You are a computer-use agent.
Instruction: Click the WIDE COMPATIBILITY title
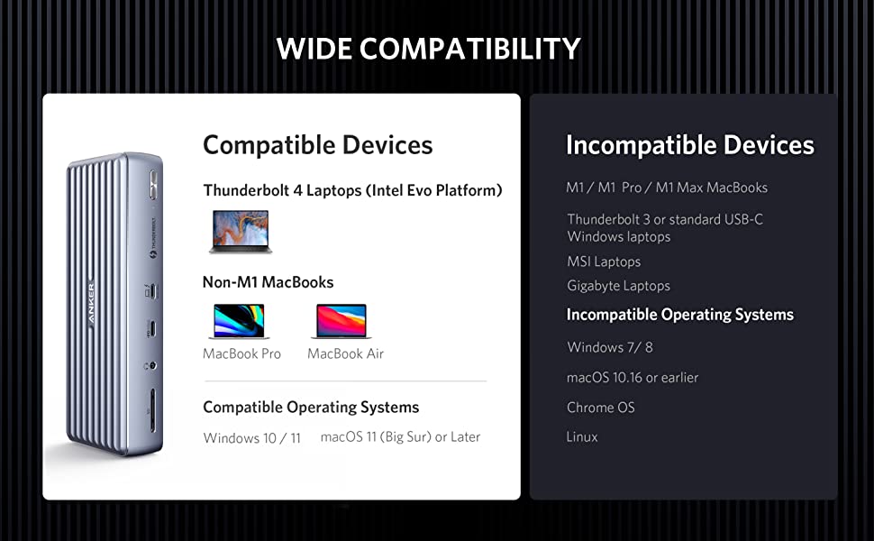tap(428, 49)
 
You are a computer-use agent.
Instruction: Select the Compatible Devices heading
tap(318, 145)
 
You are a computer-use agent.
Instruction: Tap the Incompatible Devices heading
tap(690, 145)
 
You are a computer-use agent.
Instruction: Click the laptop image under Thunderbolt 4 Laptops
tap(241, 232)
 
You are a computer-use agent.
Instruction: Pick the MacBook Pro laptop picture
tap(239, 321)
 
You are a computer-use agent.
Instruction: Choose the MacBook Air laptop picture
tap(341, 321)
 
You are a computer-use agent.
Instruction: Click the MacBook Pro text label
tap(241, 353)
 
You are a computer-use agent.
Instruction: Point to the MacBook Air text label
tap(346, 353)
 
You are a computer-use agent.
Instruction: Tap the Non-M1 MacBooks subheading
tap(269, 282)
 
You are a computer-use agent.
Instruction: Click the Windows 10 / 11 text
tap(252, 438)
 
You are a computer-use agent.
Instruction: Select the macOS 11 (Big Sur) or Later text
tap(400, 437)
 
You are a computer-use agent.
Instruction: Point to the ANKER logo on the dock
tap(91, 303)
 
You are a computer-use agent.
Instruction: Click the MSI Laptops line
tap(604, 261)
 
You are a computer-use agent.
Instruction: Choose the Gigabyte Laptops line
tap(618, 286)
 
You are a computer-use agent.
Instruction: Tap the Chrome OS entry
tap(600, 408)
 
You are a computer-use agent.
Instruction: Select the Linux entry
tap(582, 436)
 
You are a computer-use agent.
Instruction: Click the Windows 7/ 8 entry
tap(610, 347)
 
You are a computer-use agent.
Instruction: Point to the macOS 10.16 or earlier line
tap(633, 378)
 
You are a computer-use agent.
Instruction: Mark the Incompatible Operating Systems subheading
tap(680, 315)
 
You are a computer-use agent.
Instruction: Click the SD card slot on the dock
tap(153, 410)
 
